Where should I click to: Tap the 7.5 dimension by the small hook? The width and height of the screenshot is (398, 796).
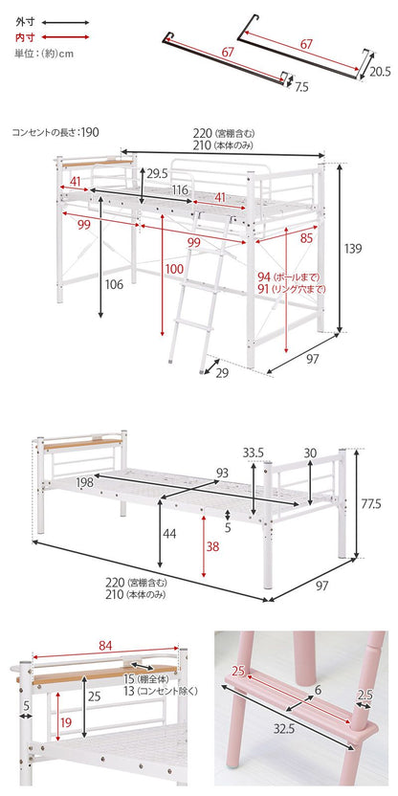click(x=301, y=87)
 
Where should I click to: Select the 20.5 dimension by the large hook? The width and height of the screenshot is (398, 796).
click(x=380, y=72)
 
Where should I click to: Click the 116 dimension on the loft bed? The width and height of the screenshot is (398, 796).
click(x=180, y=190)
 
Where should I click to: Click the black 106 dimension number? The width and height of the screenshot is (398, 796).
click(x=114, y=285)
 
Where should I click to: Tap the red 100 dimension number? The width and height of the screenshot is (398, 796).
click(x=174, y=270)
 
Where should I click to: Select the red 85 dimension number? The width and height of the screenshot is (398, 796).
click(x=305, y=238)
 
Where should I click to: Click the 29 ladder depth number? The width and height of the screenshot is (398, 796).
click(x=222, y=373)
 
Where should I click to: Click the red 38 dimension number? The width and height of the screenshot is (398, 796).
click(x=213, y=545)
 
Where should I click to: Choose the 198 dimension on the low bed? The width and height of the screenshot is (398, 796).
click(x=85, y=483)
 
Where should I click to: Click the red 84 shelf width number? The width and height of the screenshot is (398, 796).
click(x=106, y=645)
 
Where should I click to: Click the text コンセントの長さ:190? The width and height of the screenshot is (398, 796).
click(x=55, y=132)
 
